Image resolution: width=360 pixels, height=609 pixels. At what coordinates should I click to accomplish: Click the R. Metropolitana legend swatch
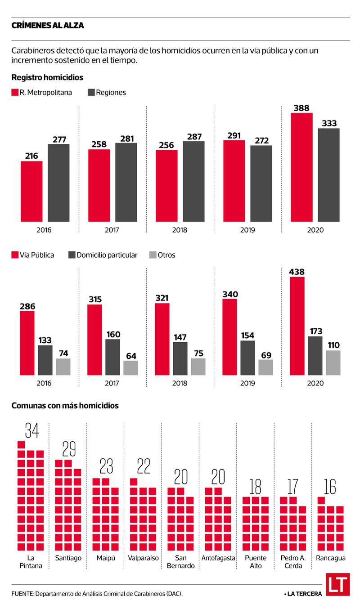click(x=14, y=93)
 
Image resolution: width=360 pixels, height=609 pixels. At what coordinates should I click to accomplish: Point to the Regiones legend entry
click(x=107, y=93)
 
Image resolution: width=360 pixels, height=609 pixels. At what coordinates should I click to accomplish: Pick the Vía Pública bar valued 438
click(x=297, y=326)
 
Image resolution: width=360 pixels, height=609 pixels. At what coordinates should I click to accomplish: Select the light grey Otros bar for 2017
click(x=131, y=367)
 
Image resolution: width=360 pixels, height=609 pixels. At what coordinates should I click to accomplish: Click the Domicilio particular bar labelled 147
click(x=180, y=358)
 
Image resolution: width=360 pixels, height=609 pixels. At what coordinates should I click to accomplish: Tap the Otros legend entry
click(x=162, y=255)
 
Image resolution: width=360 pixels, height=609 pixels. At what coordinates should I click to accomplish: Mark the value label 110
click(x=333, y=345)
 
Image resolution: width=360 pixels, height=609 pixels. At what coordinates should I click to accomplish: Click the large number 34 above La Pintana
click(x=31, y=430)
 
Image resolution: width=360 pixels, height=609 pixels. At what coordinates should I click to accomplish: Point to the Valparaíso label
click(x=144, y=558)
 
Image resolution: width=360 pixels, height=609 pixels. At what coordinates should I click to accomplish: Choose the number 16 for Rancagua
click(x=330, y=487)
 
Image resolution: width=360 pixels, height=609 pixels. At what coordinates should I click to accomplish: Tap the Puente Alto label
click(x=256, y=562)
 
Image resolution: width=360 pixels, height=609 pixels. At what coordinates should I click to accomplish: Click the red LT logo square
click(x=338, y=585)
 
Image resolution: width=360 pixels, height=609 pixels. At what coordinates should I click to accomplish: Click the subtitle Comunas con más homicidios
click(x=65, y=405)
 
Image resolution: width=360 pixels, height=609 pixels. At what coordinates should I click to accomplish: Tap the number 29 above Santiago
click(x=69, y=449)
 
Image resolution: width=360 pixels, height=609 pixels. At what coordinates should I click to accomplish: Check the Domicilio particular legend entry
click(x=103, y=255)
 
